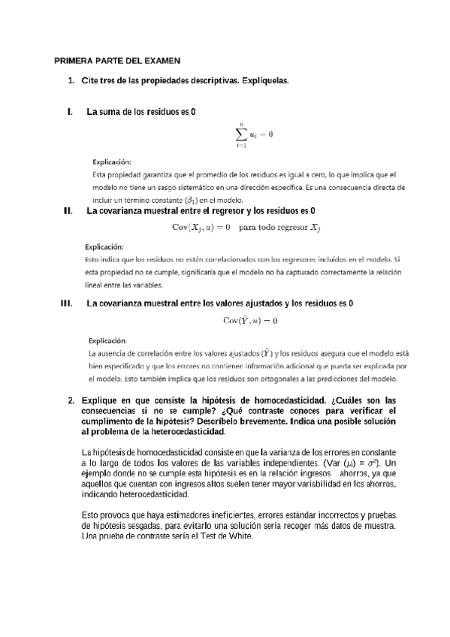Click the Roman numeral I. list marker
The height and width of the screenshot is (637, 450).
(x=70, y=112)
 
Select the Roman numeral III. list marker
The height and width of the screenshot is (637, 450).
(x=65, y=303)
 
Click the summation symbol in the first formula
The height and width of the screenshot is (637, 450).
(x=242, y=135)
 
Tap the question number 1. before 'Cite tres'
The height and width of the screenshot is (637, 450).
(x=71, y=80)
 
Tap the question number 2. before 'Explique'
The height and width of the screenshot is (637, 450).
(x=71, y=401)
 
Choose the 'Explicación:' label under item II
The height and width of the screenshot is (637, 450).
(x=104, y=246)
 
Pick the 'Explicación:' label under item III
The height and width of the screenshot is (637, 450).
(x=108, y=340)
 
